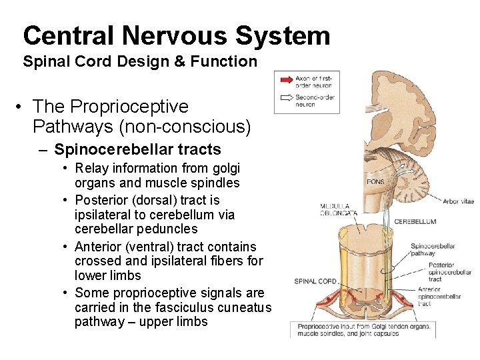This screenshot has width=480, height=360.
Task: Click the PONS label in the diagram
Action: coord(375,181)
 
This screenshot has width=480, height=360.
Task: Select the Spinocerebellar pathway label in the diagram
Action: coord(433,249)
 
